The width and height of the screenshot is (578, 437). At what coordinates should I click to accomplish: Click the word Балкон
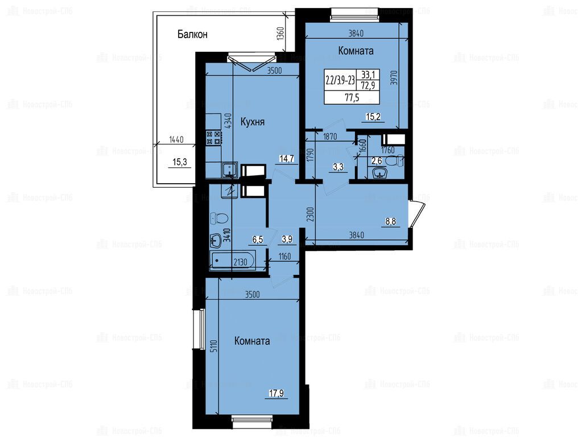[192, 34]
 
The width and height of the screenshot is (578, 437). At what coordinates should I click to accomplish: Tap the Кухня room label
[253, 122]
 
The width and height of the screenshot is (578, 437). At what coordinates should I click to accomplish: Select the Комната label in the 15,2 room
[356, 51]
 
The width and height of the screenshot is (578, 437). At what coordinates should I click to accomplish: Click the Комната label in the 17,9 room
[252, 341]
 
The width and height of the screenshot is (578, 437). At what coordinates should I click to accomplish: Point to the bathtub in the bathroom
[233, 261]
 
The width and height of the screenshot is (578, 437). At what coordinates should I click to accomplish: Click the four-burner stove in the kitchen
[213, 138]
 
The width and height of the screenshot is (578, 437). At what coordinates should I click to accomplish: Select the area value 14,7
[287, 159]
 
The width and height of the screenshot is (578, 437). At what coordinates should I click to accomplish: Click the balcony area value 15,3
[180, 162]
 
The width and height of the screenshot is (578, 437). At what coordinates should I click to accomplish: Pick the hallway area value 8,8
[391, 222]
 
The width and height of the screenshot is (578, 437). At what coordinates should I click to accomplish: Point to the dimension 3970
[394, 78]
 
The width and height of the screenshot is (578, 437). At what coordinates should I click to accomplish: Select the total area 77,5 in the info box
[352, 97]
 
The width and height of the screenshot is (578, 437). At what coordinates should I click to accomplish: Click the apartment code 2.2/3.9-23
[340, 80]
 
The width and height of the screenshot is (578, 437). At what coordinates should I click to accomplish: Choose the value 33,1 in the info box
[368, 75]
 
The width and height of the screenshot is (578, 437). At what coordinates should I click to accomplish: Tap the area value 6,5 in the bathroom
[258, 240]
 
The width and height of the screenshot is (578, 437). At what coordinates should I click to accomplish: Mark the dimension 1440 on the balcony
[176, 139]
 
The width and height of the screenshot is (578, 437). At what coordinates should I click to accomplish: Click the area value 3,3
[338, 167]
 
